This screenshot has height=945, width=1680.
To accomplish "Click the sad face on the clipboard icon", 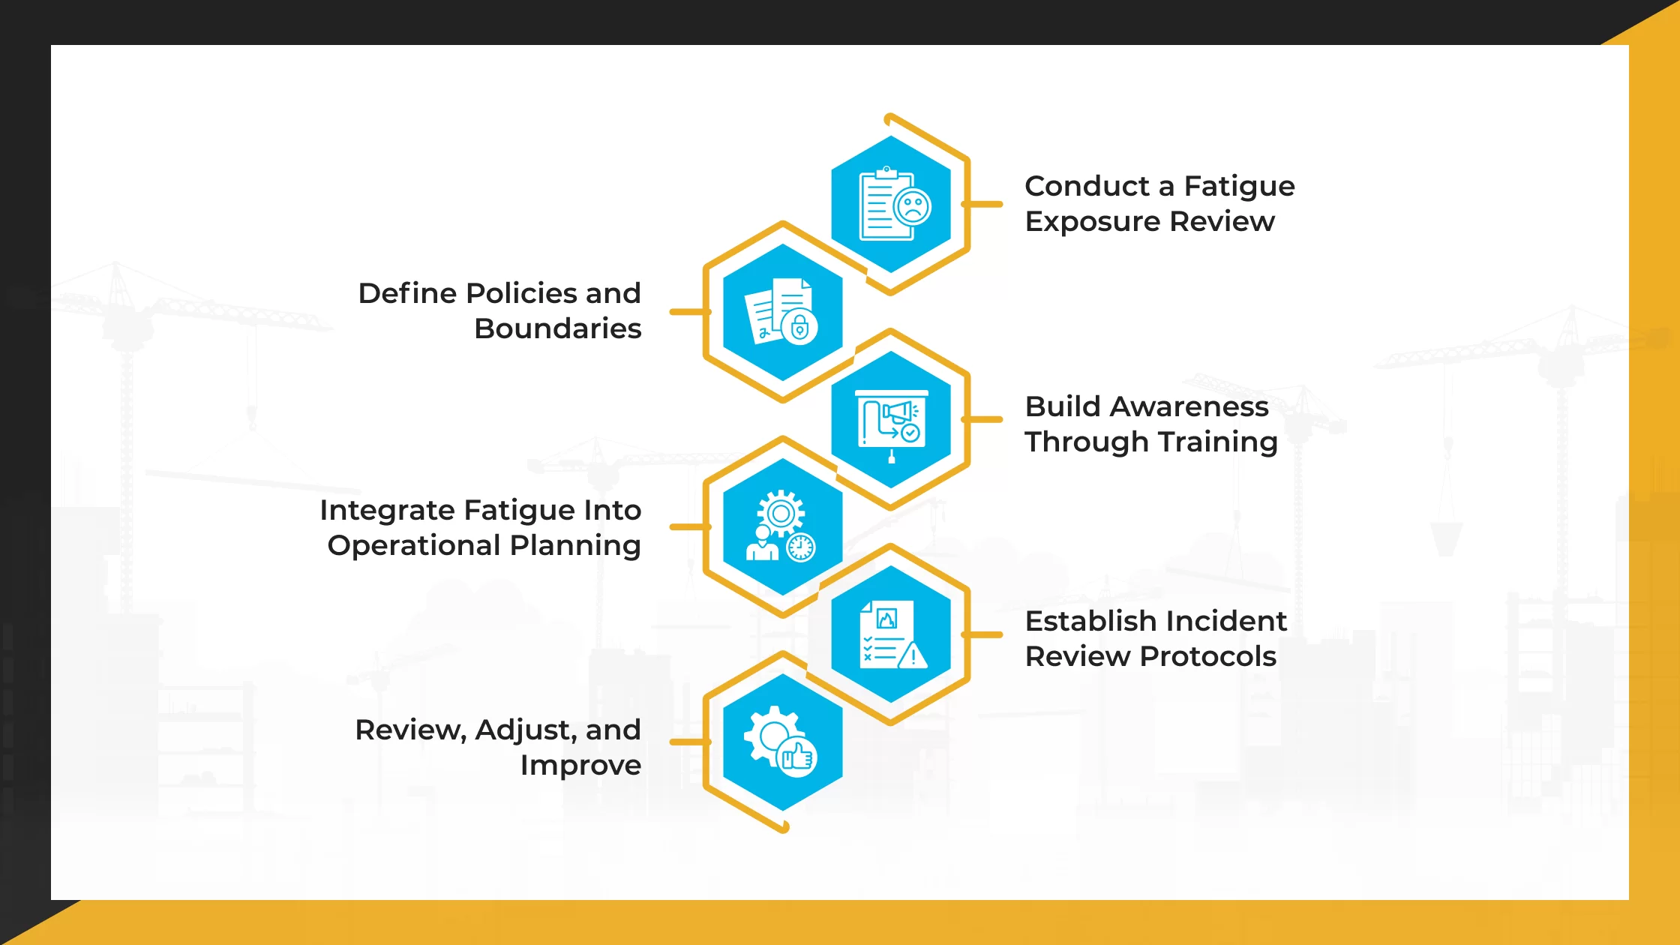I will pyautogui.click(x=913, y=207).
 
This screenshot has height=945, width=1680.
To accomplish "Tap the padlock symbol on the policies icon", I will pyautogui.click(x=799, y=327).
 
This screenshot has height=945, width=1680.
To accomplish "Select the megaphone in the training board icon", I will pyautogui.click(x=898, y=412).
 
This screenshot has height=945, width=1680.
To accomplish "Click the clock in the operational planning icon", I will pyautogui.click(x=801, y=547).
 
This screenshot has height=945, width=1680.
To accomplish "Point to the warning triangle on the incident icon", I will pyautogui.click(x=913, y=656).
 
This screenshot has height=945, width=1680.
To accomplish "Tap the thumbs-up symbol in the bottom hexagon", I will pyautogui.click(x=797, y=757).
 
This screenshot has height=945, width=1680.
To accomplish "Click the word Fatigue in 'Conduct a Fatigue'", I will pyautogui.click(x=1239, y=186).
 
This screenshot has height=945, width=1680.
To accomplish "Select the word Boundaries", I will pyautogui.click(x=557, y=328).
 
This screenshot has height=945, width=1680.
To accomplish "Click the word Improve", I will pyautogui.click(x=580, y=766).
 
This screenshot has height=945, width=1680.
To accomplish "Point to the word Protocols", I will pyautogui.click(x=1208, y=656).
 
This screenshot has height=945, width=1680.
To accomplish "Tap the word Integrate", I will pyautogui.click(x=388, y=510).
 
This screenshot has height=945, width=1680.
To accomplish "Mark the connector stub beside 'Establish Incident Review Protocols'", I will pyautogui.click(x=983, y=634).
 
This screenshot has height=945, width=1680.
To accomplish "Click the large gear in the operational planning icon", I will pyautogui.click(x=781, y=514).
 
